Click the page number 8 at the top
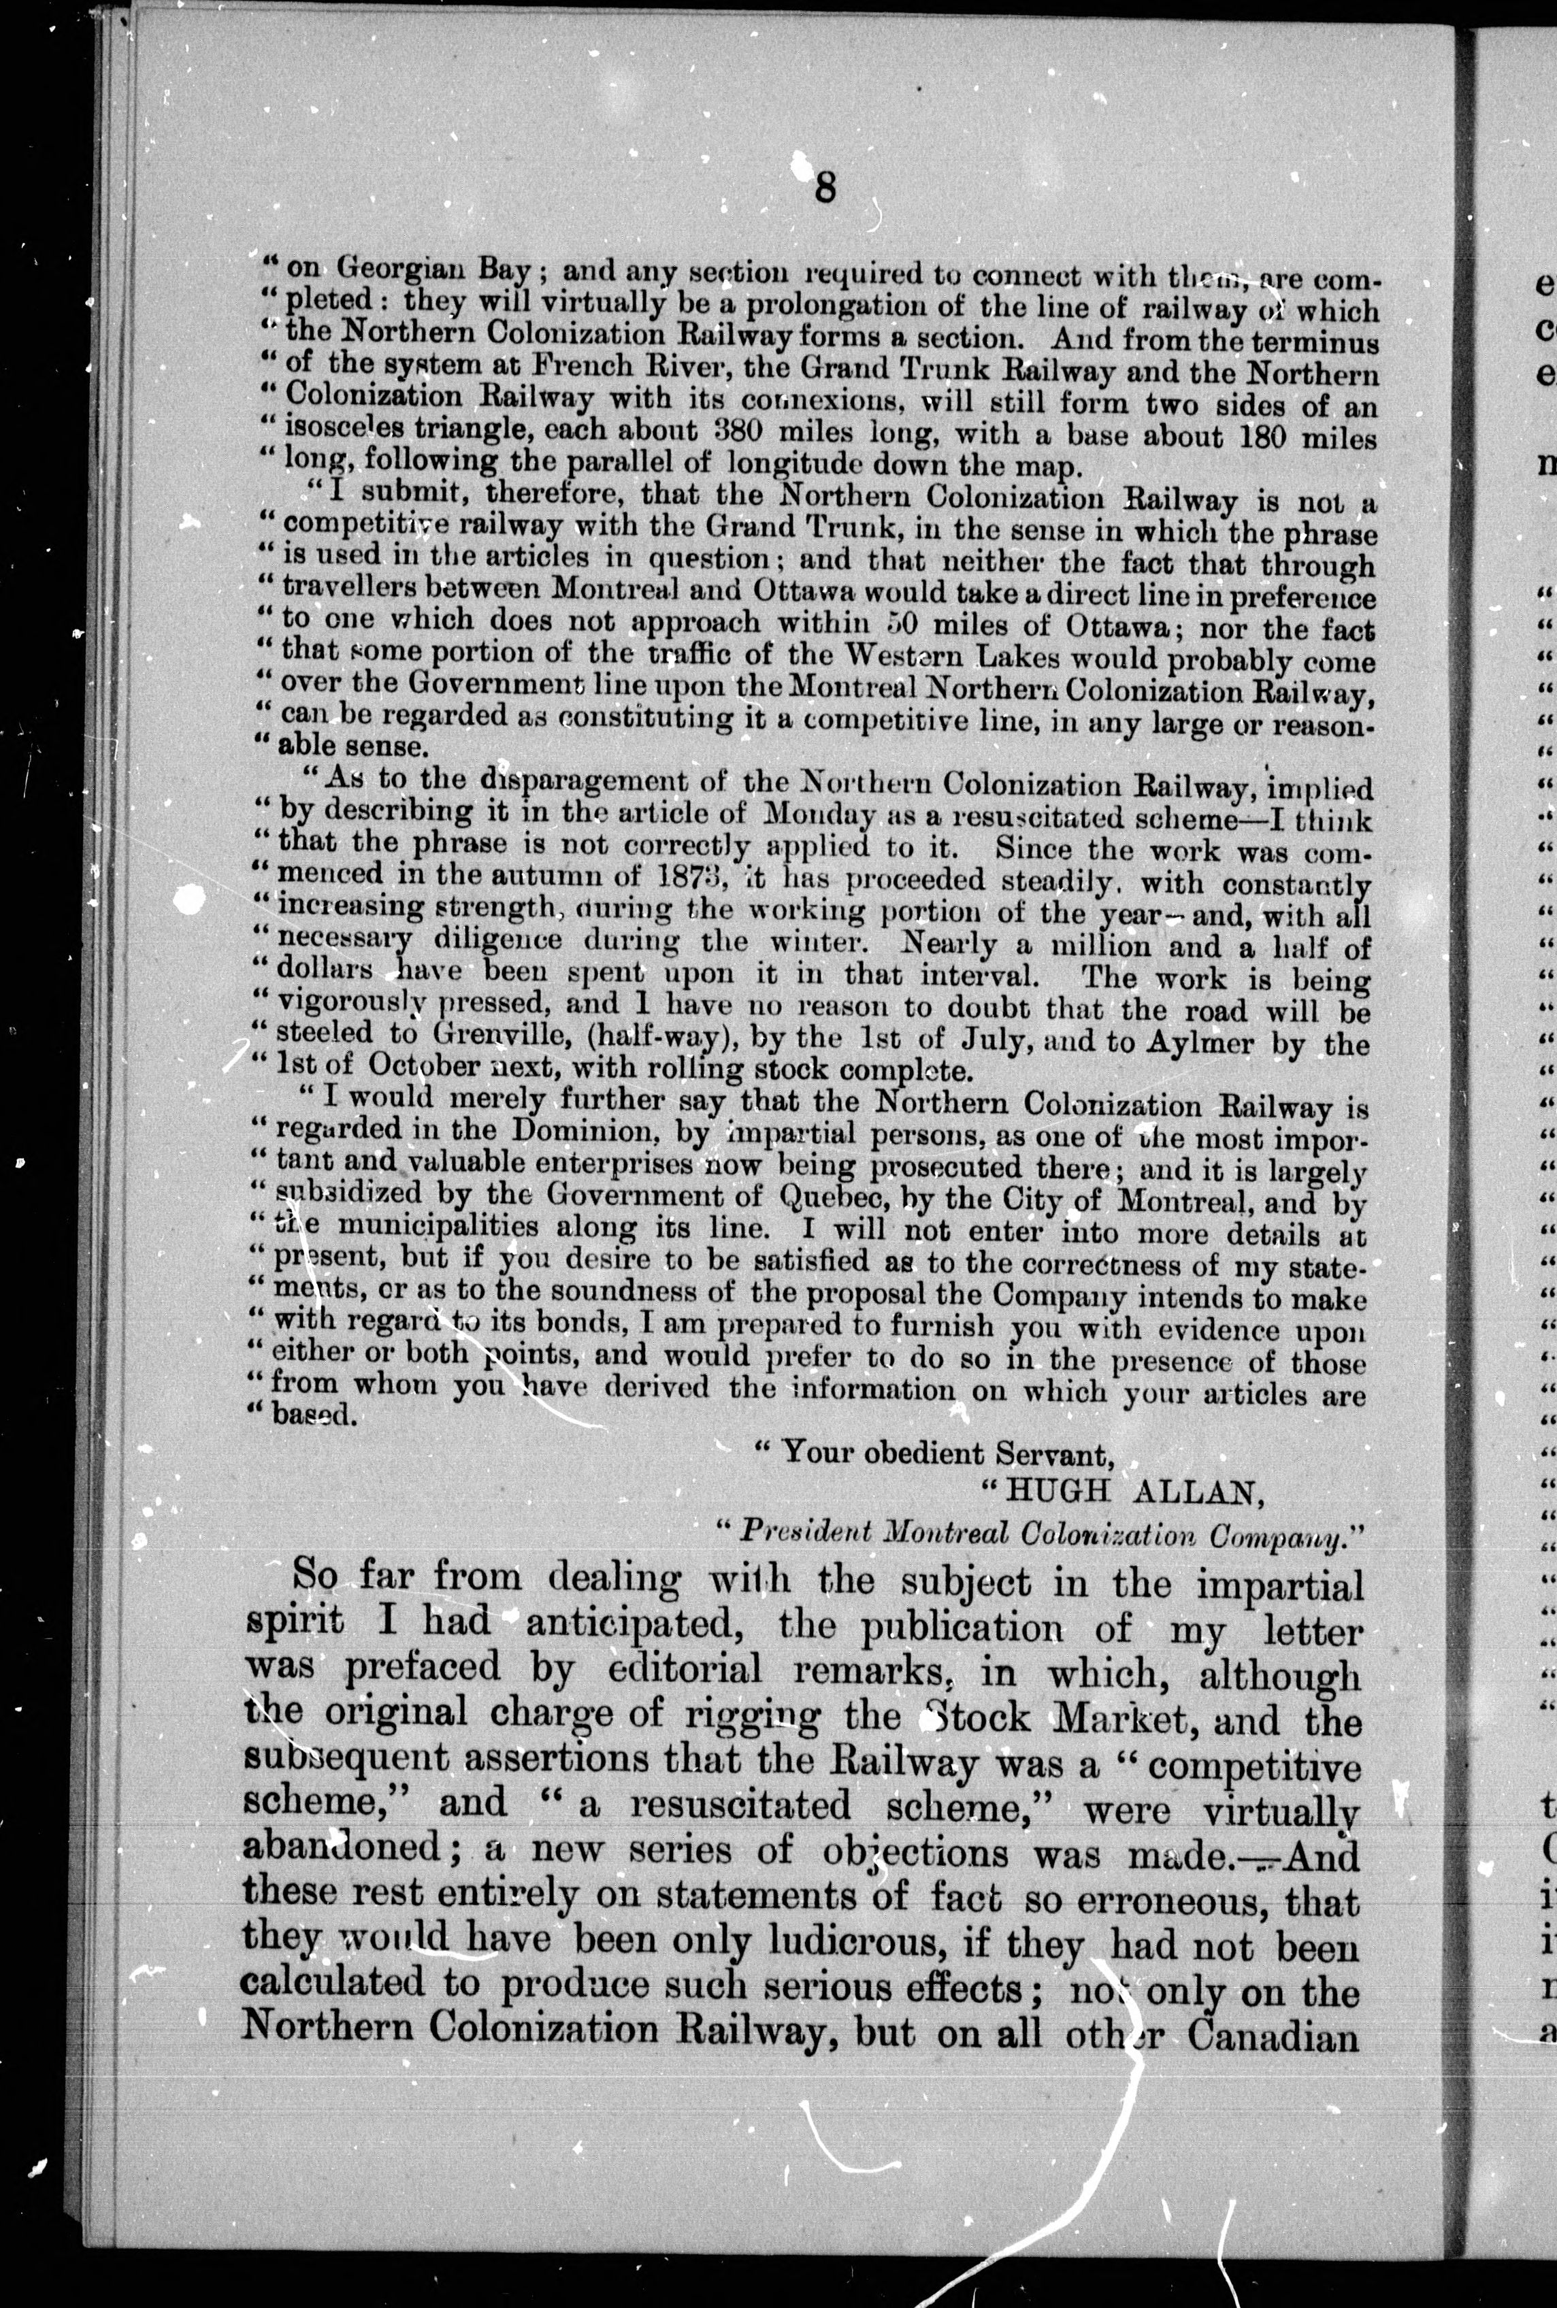tap(824, 186)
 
